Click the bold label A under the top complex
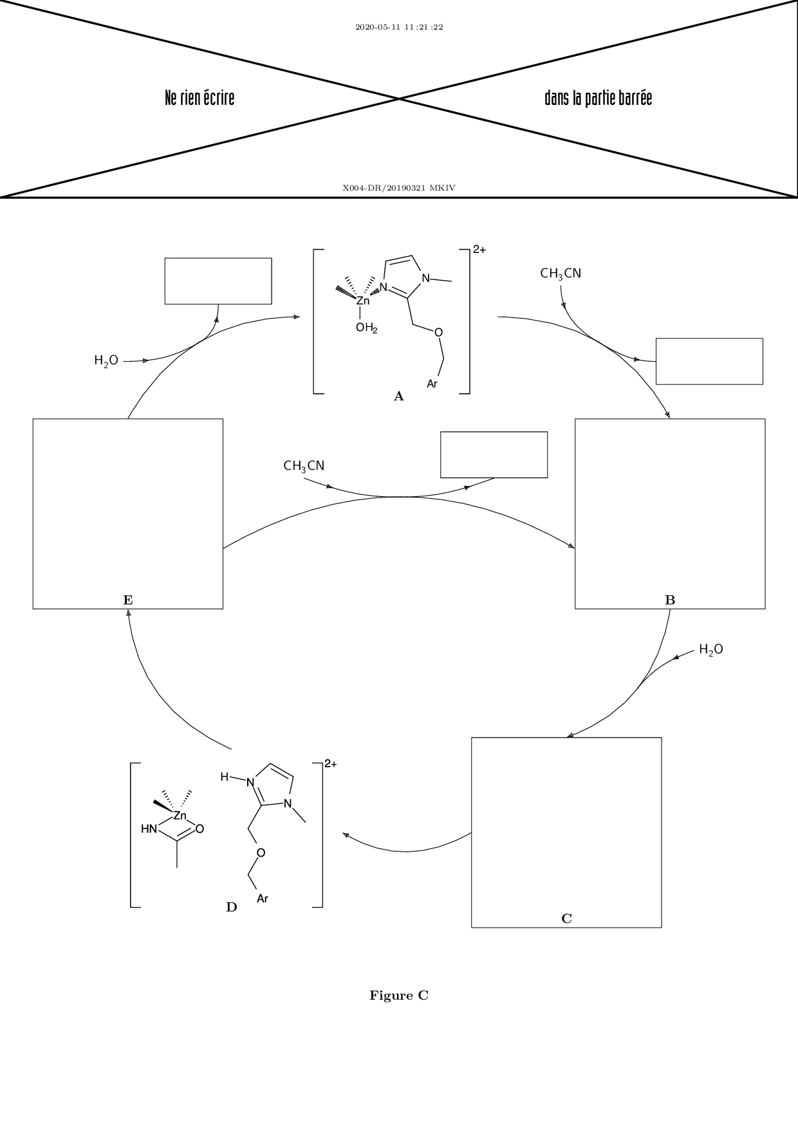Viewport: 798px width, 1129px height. click(x=399, y=397)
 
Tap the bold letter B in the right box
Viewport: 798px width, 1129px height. click(x=670, y=600)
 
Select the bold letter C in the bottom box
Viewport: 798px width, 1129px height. click(x=566, y=919)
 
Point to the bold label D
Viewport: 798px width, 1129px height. click(x=232, y=908)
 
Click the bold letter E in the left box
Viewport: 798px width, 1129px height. click(x=128, y=600)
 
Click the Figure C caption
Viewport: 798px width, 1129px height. click(x=399, y=996)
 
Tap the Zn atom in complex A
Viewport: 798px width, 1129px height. click(x=363, y=301)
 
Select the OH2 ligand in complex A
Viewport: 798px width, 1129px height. click(x=366, y=328)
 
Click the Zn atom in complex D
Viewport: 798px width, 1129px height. click(x=180, y=816)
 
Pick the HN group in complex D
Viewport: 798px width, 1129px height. click(x=149, y=829)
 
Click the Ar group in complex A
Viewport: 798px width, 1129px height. click(x=432, y=384)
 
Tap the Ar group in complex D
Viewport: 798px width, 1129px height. click(x=263, y=899)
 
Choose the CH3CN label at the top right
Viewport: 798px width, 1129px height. click(x=561, y=274)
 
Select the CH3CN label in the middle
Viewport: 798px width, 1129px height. click(x=304, y=465)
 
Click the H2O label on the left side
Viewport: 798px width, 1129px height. click(x=106, y=360)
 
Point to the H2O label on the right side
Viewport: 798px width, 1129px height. click(x=711, y=649)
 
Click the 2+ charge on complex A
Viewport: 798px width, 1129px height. click(x=479, y=250)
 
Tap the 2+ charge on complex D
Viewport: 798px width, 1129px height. click(x=330, y=764)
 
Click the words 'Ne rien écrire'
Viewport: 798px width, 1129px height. click(x=199, y=98)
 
